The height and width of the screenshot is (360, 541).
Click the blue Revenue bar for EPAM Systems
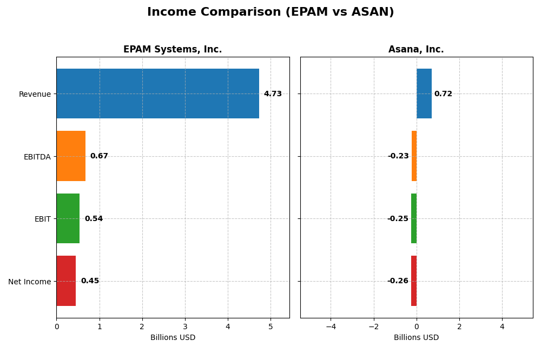pos(157,94)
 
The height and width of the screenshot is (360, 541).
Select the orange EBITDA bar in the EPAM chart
pos(71,156)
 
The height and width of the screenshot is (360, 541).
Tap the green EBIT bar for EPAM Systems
pos(68,218)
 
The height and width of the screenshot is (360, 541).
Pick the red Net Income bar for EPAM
pos(66,281)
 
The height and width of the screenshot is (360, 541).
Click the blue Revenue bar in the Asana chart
pos(424,94)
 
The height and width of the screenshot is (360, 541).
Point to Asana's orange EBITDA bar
pos(414,156)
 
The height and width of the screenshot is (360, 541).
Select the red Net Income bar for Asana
pos(414,281)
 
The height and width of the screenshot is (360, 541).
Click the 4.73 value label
pos(273,94)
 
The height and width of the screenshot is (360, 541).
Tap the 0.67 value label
pos(99,156)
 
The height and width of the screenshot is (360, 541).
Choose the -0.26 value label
pos(398,281)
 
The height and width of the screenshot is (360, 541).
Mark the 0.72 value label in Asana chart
pos(443,94)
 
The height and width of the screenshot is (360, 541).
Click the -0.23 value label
pos(398,156)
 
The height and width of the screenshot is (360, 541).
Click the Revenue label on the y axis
pos(35,94)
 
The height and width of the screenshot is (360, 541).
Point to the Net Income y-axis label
pos(29,282)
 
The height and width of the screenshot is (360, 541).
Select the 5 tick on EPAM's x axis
pos(270,326)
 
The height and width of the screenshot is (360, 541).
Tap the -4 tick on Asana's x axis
pos(331,326)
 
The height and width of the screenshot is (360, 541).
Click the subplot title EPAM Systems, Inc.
pos(173,50)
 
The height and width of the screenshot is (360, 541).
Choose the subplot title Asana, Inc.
pos(416,50)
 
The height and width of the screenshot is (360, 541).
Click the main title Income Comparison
pos(270,12)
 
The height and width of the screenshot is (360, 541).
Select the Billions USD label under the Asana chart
pos(416,338)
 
